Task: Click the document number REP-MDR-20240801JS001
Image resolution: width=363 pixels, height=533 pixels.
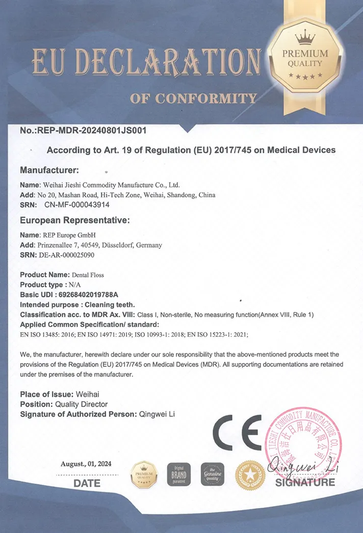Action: click(92, 130)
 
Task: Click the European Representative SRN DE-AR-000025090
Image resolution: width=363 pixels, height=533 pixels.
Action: click(66, 255)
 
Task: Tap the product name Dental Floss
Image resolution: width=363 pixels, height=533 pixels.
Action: click(88, 275)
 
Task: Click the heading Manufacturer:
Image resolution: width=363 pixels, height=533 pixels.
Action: click(49, 169)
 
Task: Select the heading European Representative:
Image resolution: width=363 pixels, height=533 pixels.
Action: click(75, 220)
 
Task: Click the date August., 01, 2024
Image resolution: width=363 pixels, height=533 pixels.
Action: click(86, 464)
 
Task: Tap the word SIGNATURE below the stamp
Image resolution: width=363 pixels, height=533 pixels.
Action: click(305, 482)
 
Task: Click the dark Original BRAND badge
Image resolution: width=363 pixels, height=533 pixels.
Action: click(179, 474)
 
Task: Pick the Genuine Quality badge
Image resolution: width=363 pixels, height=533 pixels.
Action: click(213, 474)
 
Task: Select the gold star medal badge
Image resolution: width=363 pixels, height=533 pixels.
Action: click(250, 475)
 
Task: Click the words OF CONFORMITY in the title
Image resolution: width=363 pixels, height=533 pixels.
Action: click(193, 98)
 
